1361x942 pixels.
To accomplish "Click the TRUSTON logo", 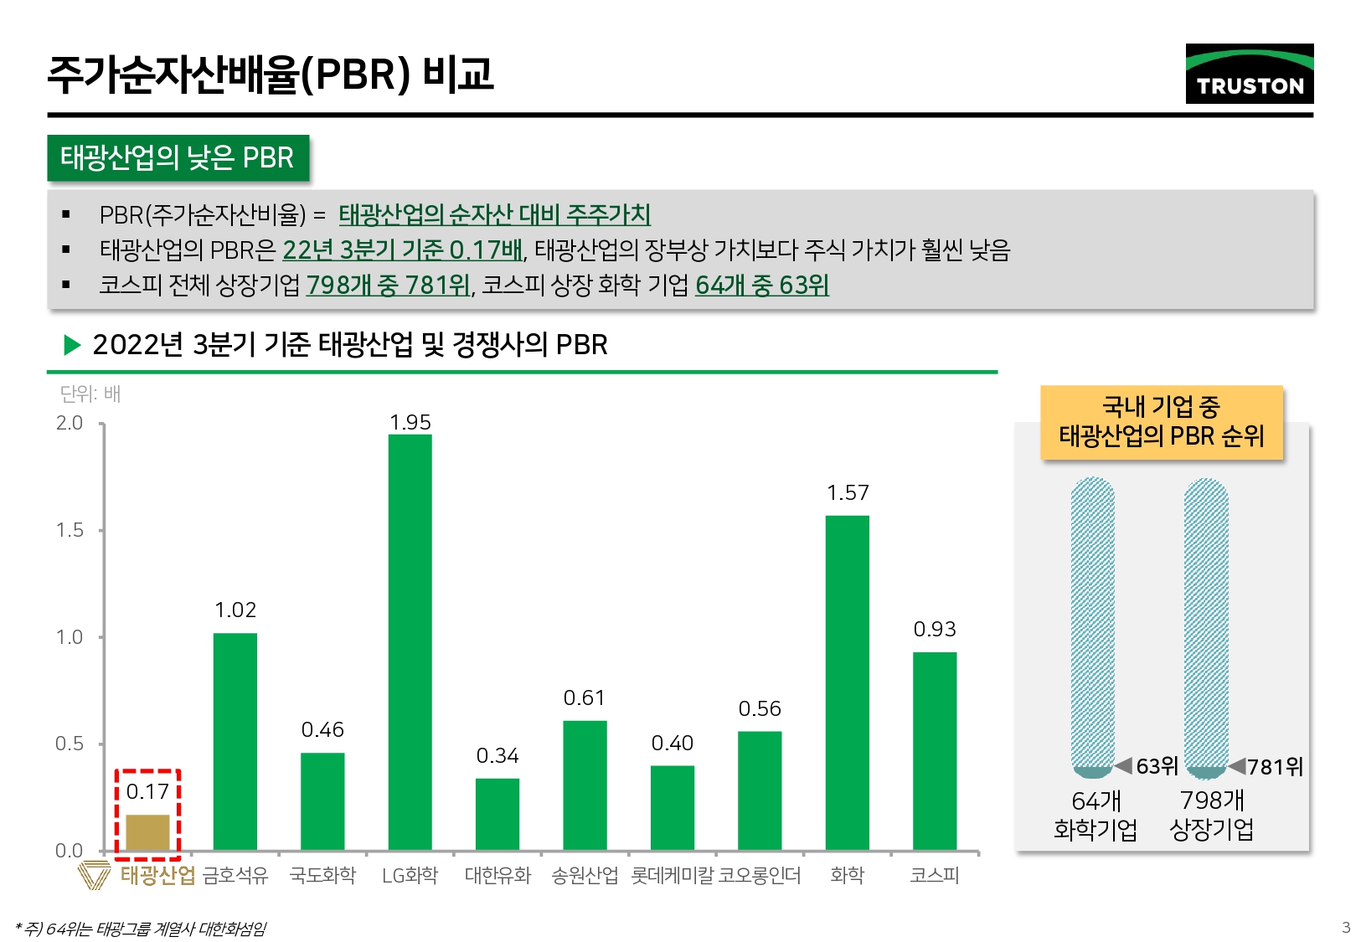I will tap(1249, 74).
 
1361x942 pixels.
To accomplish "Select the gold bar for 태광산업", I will tap(147, 832).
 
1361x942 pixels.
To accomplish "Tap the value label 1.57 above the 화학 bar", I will tap(847, 493).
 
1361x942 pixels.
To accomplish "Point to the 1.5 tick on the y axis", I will tap(70, 530).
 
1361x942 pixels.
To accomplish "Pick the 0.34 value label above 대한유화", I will tap(497, 756).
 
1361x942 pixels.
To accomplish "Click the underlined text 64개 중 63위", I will tap(761, 286).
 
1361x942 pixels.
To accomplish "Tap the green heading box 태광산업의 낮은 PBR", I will tap(178, 157).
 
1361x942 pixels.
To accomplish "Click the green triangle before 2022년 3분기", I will tap(72, 344).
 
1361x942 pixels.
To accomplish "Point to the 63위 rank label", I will tap(1157, 766).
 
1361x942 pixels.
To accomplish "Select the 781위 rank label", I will tap(1275, 767).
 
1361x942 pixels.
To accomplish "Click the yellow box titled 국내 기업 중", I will tap(1161, 422).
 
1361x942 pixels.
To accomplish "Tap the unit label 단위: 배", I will tap(90, 394).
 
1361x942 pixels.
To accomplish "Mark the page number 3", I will tap(1346, 927).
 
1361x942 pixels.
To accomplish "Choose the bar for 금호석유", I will tap(235, 741).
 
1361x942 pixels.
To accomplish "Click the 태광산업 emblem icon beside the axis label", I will tap(94, 875).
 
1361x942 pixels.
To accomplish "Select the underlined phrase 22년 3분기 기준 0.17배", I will tap(402, 250).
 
